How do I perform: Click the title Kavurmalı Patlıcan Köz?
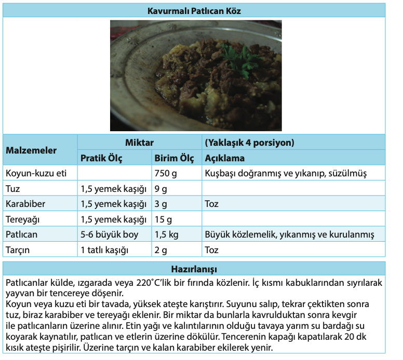[x=194, y=10]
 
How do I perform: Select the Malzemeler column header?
[x=31, y=150]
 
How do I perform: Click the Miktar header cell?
[x=139, y=142]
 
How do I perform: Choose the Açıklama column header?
[x=225, y=158]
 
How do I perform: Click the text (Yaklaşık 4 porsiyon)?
[x=249, y=142]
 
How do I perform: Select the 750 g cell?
[x=166, y=173]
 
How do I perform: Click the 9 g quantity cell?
[x=160, y=188]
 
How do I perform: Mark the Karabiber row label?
[x=24, y=203]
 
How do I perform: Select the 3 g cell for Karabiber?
[x=160, y=203]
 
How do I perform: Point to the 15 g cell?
[x=163, y=219]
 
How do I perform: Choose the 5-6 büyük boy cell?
[x=109, y=234]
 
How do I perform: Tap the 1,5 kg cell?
[x=166, y=234]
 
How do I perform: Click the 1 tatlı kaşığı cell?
[x=104, y=250]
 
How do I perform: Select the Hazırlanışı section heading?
[x=194, y=270]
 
